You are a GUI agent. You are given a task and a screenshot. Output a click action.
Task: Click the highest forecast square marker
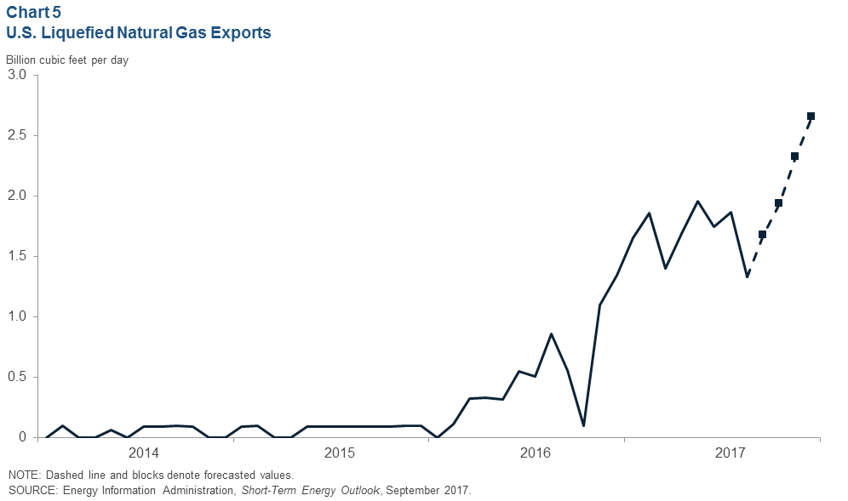click(811, 117)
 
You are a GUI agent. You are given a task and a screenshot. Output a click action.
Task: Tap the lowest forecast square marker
click(762, 235)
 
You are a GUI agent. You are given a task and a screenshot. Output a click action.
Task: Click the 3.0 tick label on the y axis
click(18, 76)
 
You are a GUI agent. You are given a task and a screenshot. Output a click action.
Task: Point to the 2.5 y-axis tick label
click(18, 136)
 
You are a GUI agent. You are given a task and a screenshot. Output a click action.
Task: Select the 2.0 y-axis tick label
click(18, 196)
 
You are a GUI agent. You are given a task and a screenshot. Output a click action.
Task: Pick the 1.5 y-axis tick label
click(18, 257)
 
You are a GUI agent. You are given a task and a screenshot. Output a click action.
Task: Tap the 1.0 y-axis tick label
click(18, 317)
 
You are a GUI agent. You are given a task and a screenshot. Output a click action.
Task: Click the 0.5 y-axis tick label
click(18, 378)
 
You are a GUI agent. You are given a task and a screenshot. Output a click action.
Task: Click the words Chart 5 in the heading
click(33, 13)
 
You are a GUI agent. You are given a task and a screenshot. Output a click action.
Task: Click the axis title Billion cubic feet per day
click(67, 60)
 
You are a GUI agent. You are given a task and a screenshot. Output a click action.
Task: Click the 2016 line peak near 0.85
click(552, 334)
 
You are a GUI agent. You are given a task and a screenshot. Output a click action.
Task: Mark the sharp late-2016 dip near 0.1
click(583, 425)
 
